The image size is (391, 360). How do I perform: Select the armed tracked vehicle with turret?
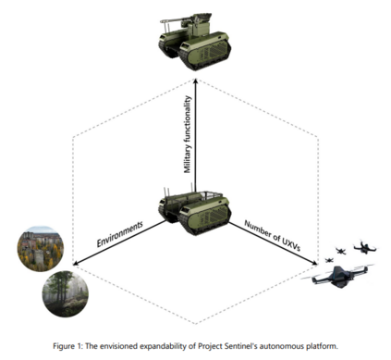194,41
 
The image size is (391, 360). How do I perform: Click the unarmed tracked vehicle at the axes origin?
194,210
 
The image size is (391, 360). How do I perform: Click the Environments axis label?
120,233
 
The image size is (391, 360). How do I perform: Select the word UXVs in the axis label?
291,245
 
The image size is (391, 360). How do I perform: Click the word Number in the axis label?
257,229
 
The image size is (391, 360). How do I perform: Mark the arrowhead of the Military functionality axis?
195,81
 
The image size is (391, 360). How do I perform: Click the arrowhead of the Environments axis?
76,263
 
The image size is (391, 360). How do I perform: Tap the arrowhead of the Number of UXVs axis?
314,263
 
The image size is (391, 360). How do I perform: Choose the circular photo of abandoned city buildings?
41,249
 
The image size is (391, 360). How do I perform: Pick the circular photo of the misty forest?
66,293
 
